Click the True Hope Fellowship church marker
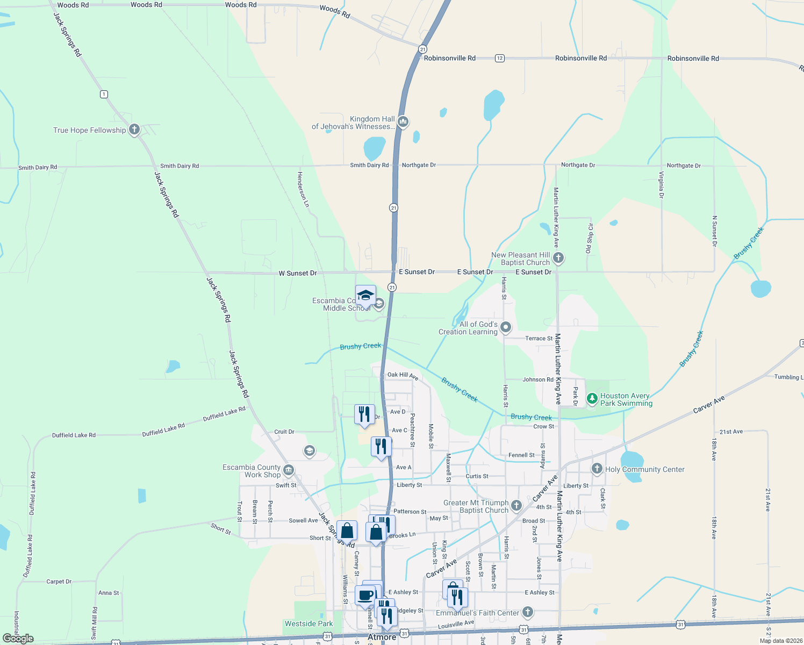(134, 130)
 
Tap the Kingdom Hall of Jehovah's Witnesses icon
(403, 122)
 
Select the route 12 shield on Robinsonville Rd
(500, 58)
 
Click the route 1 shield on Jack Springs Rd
(104, 94)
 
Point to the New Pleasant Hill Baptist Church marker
(558, 258)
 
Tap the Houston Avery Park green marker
(592, 399)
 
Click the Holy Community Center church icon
(597, 469)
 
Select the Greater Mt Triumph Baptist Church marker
(516, 505)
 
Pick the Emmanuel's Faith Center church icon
(528, 612)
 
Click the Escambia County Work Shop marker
(289, 471)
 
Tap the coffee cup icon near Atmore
(365, 596)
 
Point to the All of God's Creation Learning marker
(506, 327)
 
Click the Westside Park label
(308, 623)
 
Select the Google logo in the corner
(18, 639)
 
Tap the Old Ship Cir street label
(590, 238)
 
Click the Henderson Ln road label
(303, 189)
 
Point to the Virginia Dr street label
(662, 185)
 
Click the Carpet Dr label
(59, 582)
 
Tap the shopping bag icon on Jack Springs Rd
(347, 531)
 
